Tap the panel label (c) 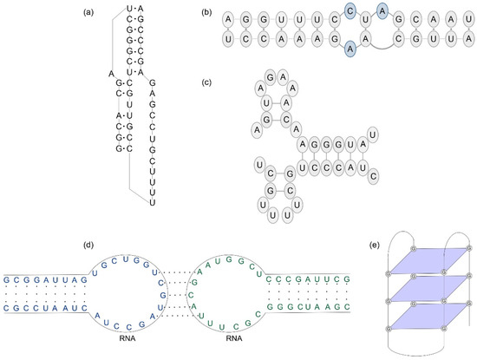coord(204,82)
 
